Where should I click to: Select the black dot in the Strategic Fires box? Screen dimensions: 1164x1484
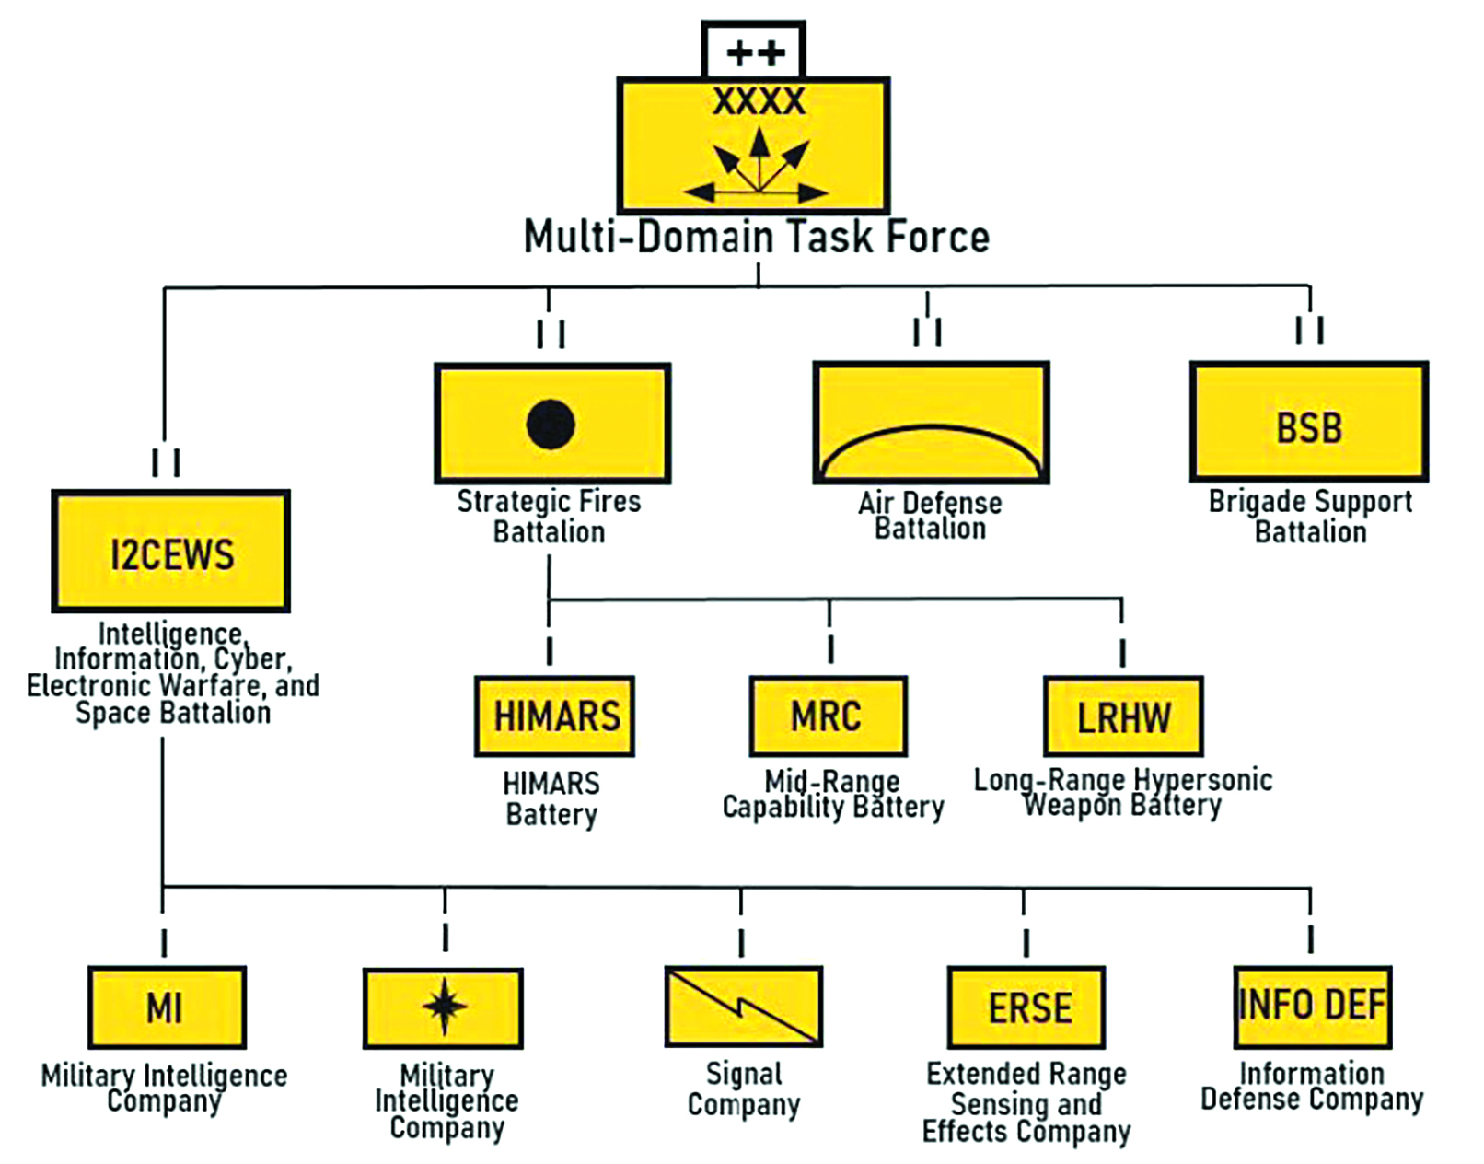551,424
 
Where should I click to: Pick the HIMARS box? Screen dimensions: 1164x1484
555,716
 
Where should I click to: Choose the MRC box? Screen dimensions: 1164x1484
828,716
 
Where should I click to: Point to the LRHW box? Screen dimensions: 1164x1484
1123,716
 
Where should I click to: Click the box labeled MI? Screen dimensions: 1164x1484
167,1007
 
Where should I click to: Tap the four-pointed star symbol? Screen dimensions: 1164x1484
444,1006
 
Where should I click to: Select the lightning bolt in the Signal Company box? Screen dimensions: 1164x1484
744,1006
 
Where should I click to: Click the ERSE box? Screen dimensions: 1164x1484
1026,1007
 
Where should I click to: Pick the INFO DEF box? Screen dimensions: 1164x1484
1312,1006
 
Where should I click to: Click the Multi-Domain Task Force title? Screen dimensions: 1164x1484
756,237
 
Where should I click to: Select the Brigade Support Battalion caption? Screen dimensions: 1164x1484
1310,517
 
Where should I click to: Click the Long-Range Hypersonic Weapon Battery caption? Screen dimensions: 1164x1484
1123,793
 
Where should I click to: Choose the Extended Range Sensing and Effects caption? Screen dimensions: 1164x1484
1026,1102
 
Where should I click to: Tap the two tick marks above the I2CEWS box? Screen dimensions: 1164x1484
166,462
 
